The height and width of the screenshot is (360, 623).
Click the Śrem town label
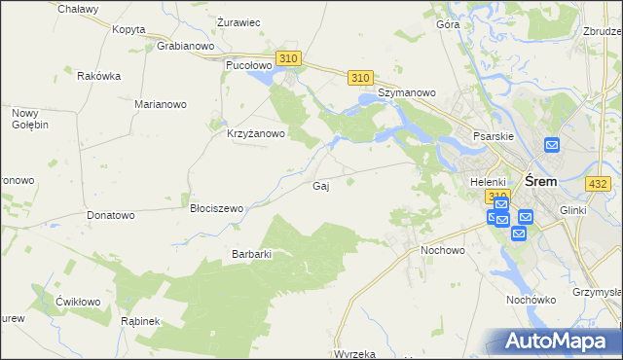(x=540, y=181)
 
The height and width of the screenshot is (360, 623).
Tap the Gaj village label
(x=319, y=186)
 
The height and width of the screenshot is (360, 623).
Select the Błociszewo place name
(x=216, y=208)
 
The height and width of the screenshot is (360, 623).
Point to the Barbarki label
(x=250, y=254)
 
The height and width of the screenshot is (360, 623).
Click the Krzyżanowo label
(x=256, y=134)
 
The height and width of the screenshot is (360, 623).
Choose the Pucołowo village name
(x=247, y=65)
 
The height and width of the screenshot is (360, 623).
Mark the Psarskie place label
(x=493, y=137)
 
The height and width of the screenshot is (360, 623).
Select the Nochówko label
(x=530, y=300)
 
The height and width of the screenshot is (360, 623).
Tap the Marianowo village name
(x=162, y=103)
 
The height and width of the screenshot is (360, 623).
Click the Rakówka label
(x=98, y=76)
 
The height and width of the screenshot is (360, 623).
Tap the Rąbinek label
(x=139, y=320)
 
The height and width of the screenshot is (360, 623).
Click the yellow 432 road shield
(x=598, y=184)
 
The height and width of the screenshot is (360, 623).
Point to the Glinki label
(x=576, y=210)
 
